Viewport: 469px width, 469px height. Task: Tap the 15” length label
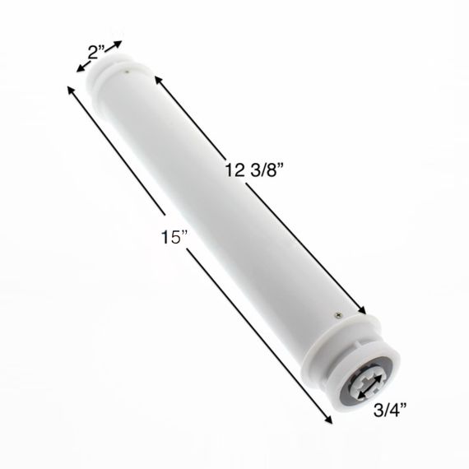(174, 236)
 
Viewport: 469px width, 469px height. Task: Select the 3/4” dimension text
(390, 410)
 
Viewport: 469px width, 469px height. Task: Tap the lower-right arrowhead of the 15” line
(328, 420)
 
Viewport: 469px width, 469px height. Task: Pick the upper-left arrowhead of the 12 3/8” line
(158, 79)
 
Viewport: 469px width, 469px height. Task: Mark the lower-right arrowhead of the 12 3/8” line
(361, 310)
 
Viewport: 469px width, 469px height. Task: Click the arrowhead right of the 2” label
(118, 44)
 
